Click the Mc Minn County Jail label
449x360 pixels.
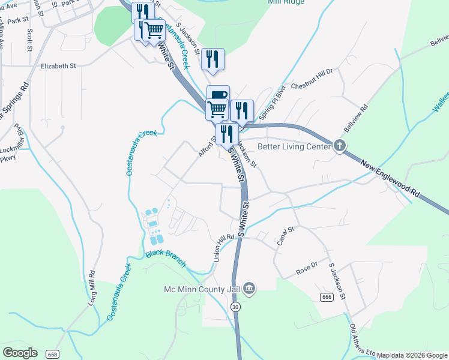[202, 290]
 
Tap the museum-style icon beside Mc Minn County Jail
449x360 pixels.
[250, 290]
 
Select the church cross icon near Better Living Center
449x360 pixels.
[340, 146]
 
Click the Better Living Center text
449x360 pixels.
[294, 146]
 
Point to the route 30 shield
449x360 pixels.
[235, 307]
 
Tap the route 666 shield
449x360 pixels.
[327, 297]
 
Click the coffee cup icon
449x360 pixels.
[218, 94]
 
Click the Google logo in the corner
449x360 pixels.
[20, 352]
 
